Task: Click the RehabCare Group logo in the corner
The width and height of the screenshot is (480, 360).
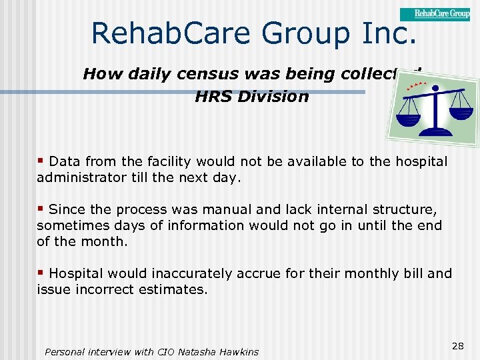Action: pyautogui.click(x=435, y=13)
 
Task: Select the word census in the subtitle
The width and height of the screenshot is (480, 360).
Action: pyautogui.click(x=188, y=74)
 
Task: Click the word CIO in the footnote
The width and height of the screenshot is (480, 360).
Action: pyautogui.click(x=163, y=351)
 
